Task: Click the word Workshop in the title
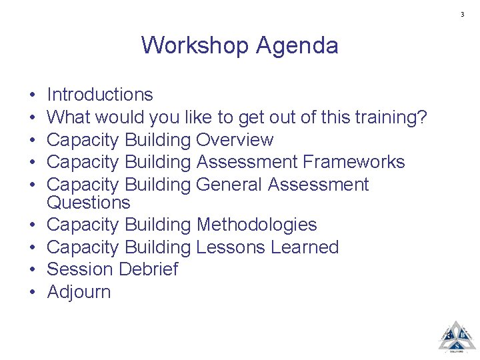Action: (x=195, y=45)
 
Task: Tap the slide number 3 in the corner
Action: (x=462, y=15)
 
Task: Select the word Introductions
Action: (x=100, y=95)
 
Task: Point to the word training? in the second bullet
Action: (x=387, y=118)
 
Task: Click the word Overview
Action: (x=235, y=140)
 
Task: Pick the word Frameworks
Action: (x=353, y=162)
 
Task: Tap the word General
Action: (x=233, y=184)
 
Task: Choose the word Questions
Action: (x=89, y=203)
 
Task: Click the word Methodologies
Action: (x=257, y=225)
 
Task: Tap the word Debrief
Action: (x=148, y=269)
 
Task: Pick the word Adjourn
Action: (x=79, y=292)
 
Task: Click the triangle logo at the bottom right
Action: (x=457, y=337)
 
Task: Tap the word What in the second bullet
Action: (x=69, y=117)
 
